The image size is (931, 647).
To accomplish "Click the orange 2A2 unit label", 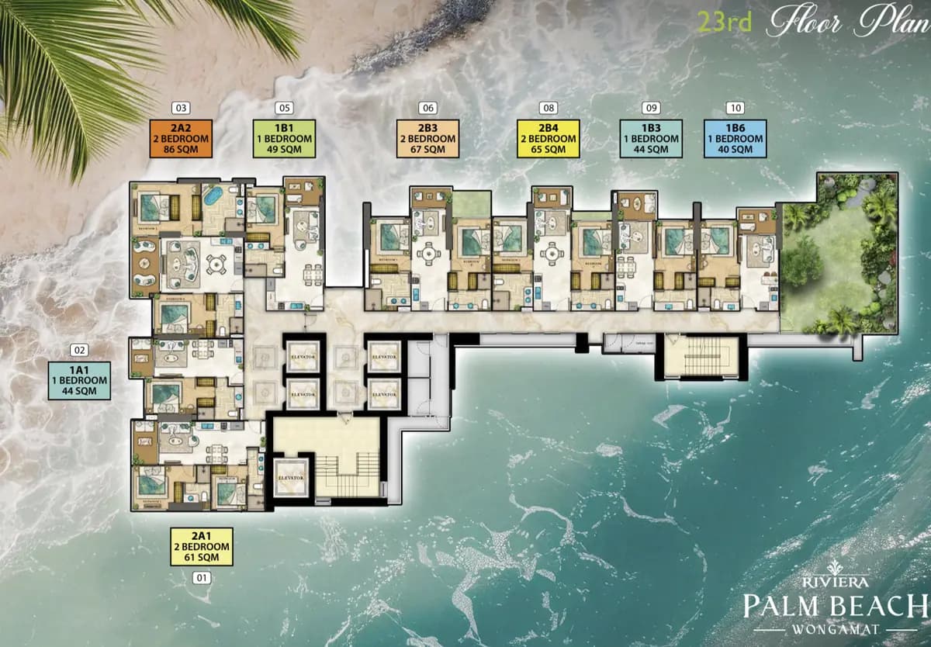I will [x=180, y=139].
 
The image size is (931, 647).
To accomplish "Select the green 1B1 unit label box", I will [x=284, y=139].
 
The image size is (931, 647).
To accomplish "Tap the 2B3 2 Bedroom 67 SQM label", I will [x=427, y=139].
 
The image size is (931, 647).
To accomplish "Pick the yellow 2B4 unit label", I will [x=548, y=139].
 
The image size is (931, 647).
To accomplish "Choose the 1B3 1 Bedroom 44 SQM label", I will [x=651, y=139].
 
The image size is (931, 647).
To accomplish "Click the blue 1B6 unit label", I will [x=734, y=139].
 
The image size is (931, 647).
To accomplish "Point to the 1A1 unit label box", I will [x=79, y=380].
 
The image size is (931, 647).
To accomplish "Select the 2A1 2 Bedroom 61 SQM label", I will [x=202, y=547].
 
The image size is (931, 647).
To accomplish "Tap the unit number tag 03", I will [x=181, y=108].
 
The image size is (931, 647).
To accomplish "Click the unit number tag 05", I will [x=284, y=108].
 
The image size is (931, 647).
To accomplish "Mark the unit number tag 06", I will [x=427, y=108].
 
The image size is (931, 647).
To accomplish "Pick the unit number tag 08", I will [x=549, y=108].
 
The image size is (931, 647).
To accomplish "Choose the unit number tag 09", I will [x=651, y=108].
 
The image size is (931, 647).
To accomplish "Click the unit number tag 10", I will [x=735, y=108].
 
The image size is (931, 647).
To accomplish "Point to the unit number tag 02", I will [x=79, y=350].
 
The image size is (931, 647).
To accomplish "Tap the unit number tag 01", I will [x=202, y=577].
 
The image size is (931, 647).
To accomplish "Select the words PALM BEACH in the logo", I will [x=834, y=605].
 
